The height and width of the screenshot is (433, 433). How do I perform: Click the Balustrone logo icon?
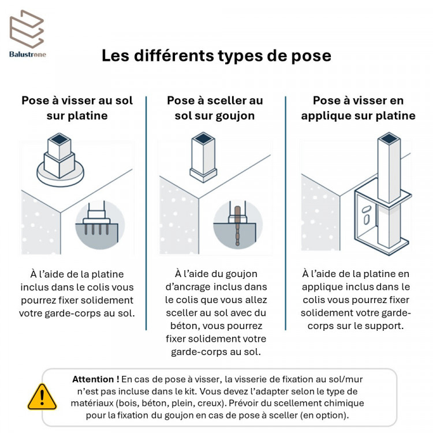[x=27, y=29]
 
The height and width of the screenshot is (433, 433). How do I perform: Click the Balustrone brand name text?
[x=28, y=54]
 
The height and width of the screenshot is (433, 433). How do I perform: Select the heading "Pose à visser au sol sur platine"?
[x=77, y=108]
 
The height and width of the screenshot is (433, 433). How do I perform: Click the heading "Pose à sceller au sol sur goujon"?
[x=215, y=108]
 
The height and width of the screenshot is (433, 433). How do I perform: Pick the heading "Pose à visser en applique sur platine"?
[x=358, y=108]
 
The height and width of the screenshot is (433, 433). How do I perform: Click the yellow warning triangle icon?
[x=42, y=397]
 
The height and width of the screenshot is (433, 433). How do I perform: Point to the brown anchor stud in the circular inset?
[x=237, y=226]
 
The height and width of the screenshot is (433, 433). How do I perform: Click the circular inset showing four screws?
[x=100, y=225]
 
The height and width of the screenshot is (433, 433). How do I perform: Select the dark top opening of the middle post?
[x=203, y=139]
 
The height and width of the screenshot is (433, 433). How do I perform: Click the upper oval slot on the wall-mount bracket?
[x=367, y=209]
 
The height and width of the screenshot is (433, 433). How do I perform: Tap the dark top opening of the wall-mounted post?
[x=389, y=138]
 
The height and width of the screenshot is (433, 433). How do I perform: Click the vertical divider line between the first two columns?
[x=146, y=213]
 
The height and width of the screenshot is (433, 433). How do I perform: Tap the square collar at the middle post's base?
[x=203, y=175]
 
